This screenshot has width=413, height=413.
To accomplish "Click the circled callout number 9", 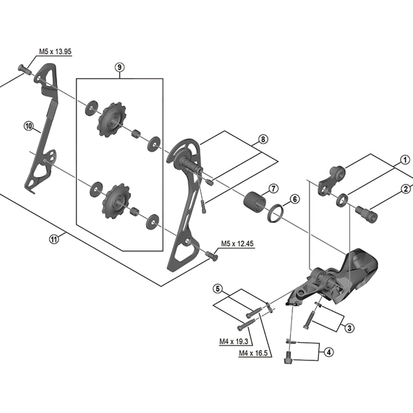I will pos(119,67).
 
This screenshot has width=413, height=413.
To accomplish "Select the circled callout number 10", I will pos(28,125).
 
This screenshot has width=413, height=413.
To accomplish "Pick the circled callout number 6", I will pos(294,199).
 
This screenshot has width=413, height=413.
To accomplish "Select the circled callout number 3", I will pos(349,327).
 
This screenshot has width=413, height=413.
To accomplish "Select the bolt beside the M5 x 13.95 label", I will pos(25,68).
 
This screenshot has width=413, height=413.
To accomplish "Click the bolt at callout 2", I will pos(366,212).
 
